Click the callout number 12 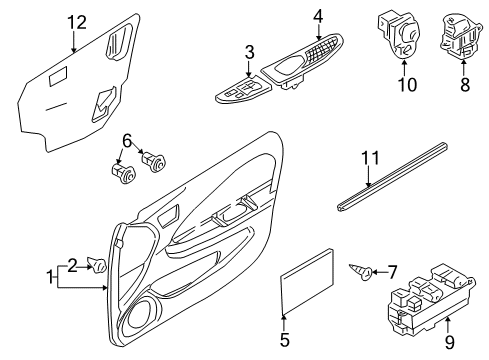[x=77, y=23]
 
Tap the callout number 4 [x=318, y=16]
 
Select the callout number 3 [x=249, y=52]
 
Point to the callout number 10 [x=407, y=85]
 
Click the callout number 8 [x=465, y=84]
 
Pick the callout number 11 [x=370, y=158]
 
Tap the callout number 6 [x=127, y=141]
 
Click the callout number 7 [x=392, y=272]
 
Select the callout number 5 [x=284, y=340]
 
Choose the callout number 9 [x=449, y=342]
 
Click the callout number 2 [x=73, y=266]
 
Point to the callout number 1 [x=50, y=277]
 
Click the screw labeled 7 [x=361, y=272]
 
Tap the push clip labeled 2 [x=97, y=265]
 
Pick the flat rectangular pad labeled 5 [x=307, y=282]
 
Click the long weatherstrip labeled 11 [x=391, y=177]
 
